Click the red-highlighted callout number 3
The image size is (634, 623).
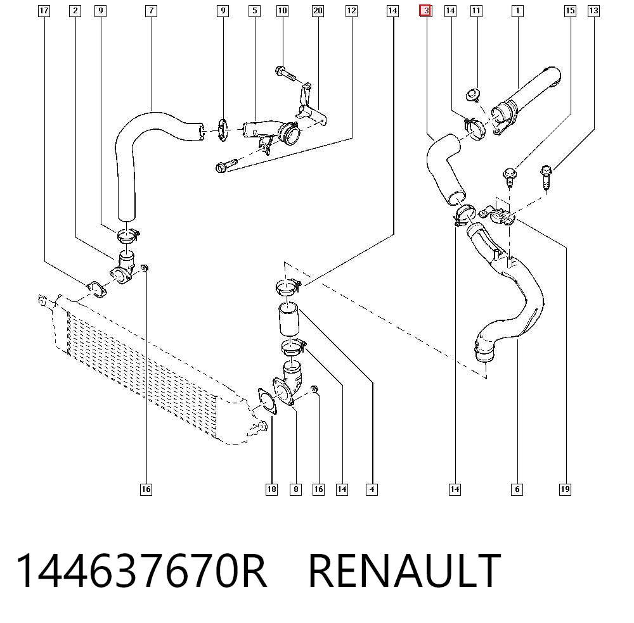coord(426,11)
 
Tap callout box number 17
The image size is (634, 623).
coord(44,11)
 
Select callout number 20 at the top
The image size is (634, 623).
coord(318,11)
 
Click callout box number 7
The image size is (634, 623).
coord(152,11)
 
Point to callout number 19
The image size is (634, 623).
coord(566,489)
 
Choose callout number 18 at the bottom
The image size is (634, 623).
coord(272,489)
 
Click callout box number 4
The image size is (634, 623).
coord(372,489)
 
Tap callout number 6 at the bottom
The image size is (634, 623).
coord(517,489)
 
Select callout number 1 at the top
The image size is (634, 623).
coord(517,11)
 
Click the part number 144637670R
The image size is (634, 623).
coord(141,570)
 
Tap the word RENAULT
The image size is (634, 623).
coord(404,570)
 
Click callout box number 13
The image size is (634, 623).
coord(593,11)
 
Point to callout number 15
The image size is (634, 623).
coord(570,11)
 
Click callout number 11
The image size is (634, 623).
coord(477,11)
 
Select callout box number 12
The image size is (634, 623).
coord(352,11)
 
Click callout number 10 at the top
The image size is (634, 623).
coord(283,11)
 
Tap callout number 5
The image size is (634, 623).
coord(255,11)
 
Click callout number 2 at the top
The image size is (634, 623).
coord(75,11)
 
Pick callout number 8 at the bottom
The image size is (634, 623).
coord(296,489)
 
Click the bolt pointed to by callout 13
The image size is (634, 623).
coord(546,178)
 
